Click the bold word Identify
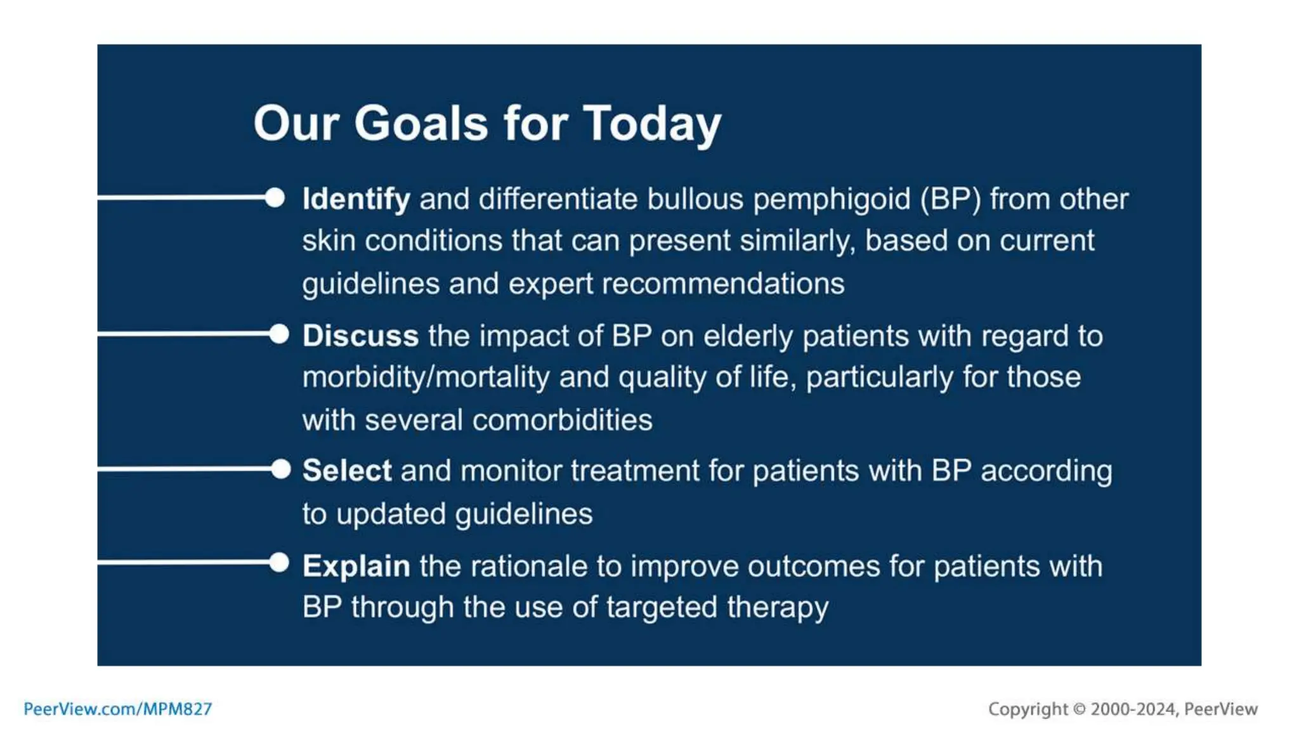tap(356, 199)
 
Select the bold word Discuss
tap(360, 336)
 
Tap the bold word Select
tap(346, 471)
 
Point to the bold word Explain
tap(356, 566)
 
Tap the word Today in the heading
tap(652, 124)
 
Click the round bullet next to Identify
tap(275, 197)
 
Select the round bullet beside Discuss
tap(278, 334)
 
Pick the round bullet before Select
tap(280, 470)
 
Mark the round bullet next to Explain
tap(278, 562)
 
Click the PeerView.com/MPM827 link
tap(118, 709)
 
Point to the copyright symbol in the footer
tap(1079, 709)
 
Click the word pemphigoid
tap(832, 199)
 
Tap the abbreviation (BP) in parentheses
tap(950, 199)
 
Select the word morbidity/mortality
tap(426, 378)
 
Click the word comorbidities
tap(562, 420)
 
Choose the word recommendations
tap(723, 284)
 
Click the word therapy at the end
tap(777, 607)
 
